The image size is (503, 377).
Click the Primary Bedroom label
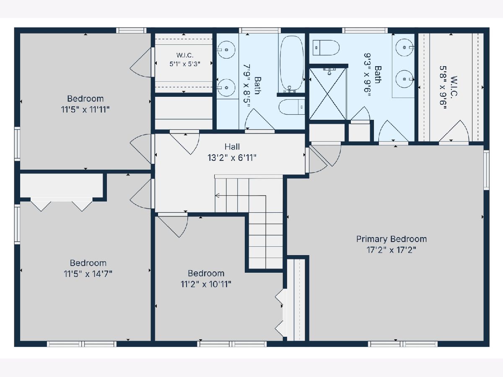392,239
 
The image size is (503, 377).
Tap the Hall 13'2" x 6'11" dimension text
232,158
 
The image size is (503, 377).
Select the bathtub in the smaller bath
291,64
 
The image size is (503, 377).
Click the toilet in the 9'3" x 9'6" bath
326,48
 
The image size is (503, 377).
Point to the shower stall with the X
328,93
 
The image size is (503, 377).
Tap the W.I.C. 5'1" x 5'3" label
185,59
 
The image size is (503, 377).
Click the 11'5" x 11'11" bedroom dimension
85,110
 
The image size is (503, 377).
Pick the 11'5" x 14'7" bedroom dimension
88,274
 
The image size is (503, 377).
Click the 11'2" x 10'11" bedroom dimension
206,284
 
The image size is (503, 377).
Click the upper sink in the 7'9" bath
226,50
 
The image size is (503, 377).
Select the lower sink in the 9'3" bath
404,79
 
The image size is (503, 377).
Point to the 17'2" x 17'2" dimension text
392,250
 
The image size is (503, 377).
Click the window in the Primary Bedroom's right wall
487,170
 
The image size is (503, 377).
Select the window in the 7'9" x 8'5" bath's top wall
260,31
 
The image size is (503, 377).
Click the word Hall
232,147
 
